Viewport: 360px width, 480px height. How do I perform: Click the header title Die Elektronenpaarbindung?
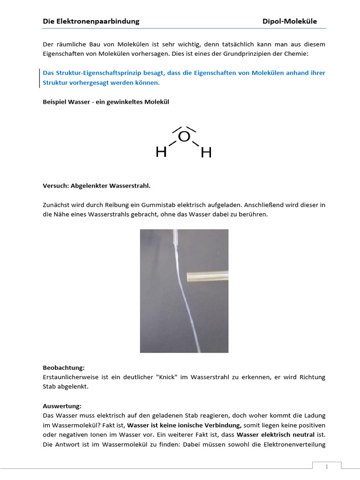click(91, 21)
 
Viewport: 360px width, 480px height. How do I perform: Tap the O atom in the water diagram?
click(184, 136)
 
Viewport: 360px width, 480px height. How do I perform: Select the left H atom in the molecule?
click(161, 152)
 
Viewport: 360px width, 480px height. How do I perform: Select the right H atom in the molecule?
click(206, 152)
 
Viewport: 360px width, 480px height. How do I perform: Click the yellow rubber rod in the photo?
click(207, 277)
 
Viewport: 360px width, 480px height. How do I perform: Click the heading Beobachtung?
click(64, 368)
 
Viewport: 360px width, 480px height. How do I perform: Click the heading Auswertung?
click(62, 406)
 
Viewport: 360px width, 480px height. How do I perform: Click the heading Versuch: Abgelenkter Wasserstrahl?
click(97, 186)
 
